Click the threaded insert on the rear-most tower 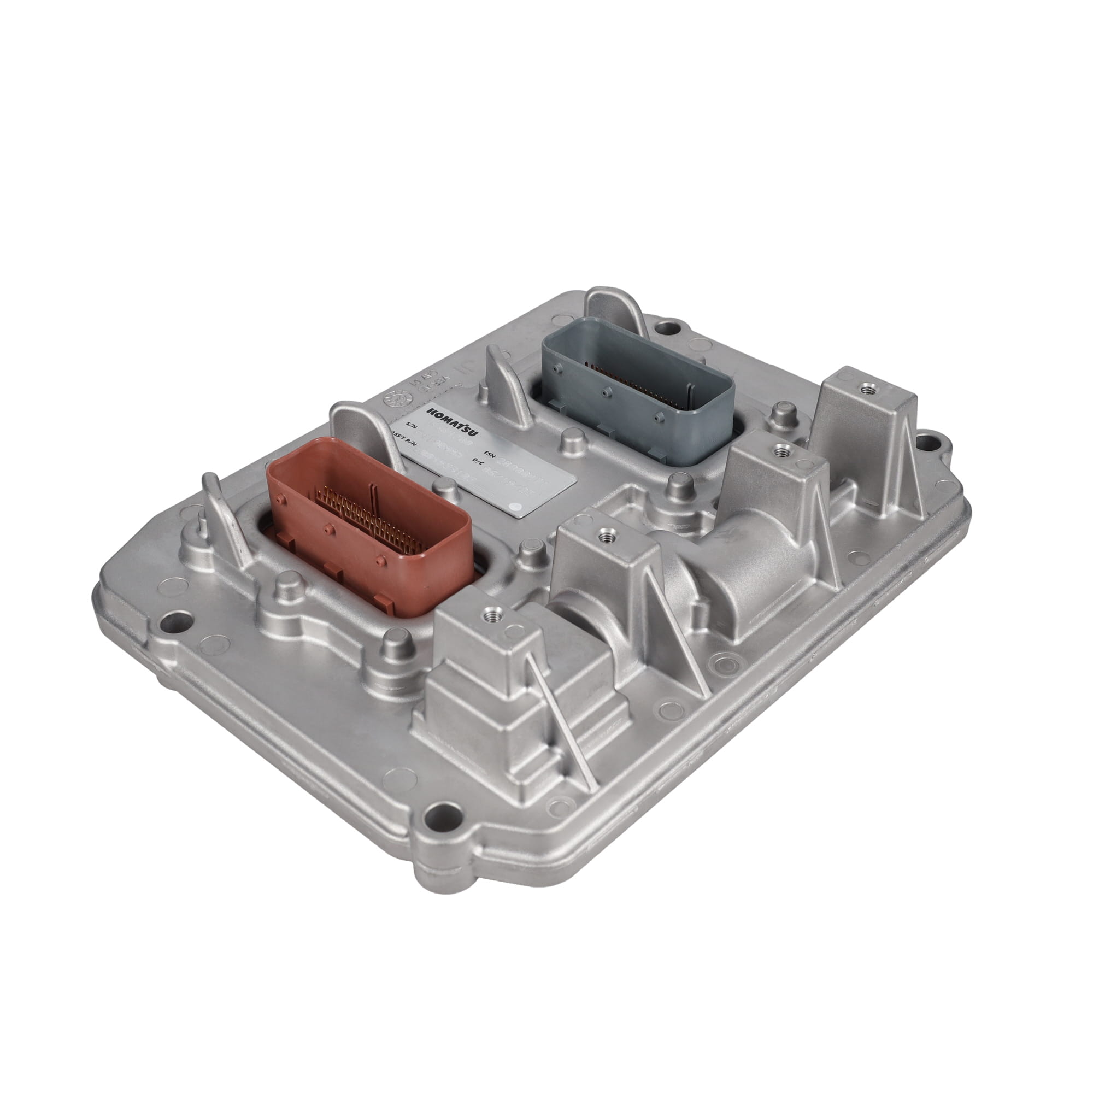coord(866,388)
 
